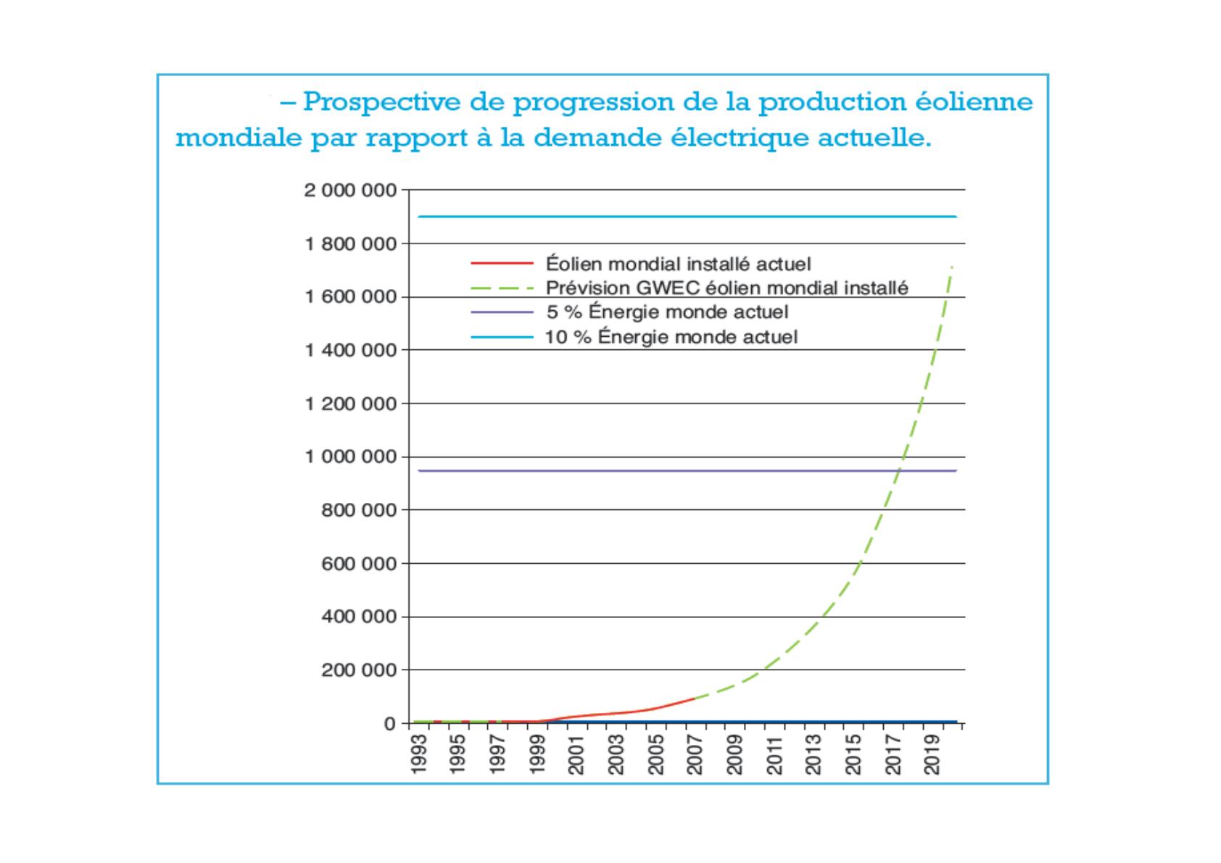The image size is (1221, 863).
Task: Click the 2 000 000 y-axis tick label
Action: (350, 191)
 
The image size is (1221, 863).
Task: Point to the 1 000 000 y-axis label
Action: (350, 457)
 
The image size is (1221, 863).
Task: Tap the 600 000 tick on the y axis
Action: (359, 564)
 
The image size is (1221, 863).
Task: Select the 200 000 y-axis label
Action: (359, 670)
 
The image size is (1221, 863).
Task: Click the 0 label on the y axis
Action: (390, 724)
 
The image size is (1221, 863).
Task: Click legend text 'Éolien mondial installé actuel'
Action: (678, 264)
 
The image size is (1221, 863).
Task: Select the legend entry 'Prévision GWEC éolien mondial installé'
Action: (727, 288)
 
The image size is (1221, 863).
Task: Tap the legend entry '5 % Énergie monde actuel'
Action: (667, 312)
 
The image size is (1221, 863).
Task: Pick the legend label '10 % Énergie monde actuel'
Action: (671, 337)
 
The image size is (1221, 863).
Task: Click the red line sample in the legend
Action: (502, 263)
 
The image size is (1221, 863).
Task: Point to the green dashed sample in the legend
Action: (502, 288)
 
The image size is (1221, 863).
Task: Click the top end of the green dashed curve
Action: (951, 267)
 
